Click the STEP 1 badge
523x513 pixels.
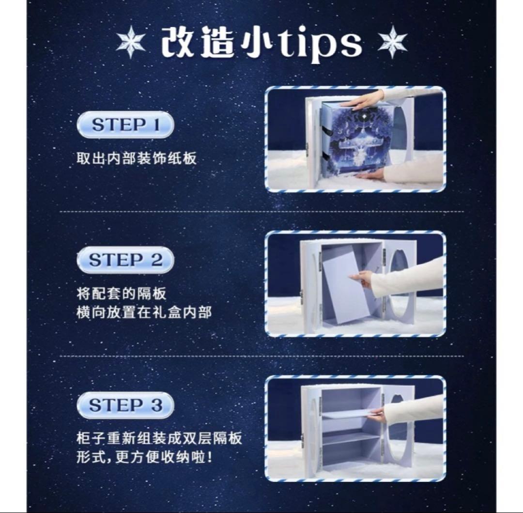tap(125, 125)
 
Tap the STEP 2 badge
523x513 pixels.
tap(125, 260)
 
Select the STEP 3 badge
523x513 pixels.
tap(125, 405)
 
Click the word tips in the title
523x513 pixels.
tap(320, 44)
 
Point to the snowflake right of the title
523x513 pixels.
tap(392, 42)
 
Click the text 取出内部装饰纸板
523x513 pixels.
tap(137, 158)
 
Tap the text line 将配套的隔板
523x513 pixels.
tap(122, 294)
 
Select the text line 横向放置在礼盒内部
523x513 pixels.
tap(144, 312)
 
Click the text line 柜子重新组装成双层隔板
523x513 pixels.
tap(159, 438)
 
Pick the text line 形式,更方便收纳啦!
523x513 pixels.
tap(144, 457)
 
